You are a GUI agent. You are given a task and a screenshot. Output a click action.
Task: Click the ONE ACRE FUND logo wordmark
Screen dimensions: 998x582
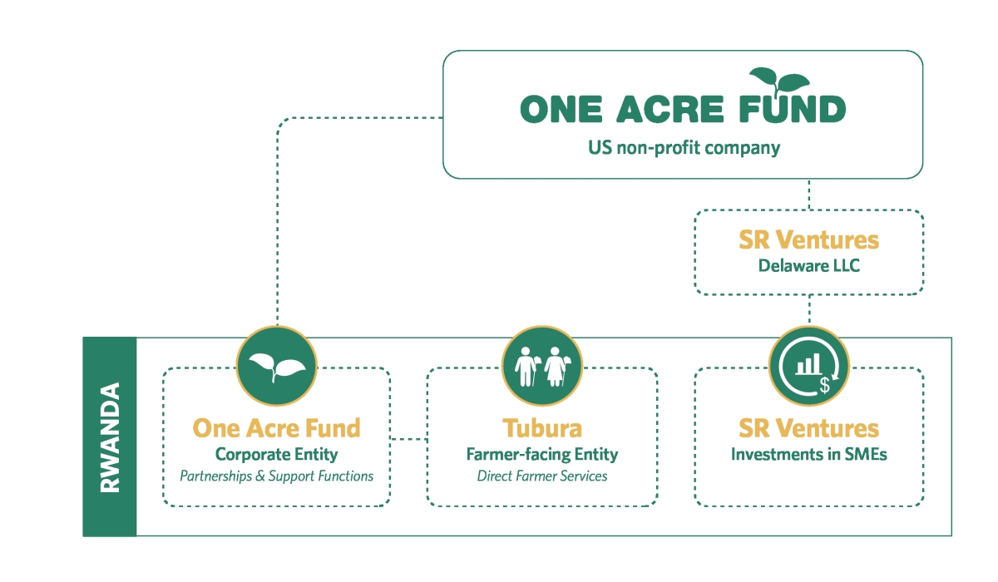point(683,109)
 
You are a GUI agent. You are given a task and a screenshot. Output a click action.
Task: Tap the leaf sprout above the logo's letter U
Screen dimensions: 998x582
point(779,81)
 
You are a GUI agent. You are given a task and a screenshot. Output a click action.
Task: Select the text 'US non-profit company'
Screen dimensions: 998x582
point(684,148)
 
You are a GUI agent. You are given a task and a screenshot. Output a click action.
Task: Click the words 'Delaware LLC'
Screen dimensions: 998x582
point(808,266)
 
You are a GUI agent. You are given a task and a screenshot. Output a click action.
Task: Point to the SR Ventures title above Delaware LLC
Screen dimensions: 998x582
point(808,239)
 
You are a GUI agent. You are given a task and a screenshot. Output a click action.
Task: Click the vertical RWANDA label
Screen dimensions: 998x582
point(110,436)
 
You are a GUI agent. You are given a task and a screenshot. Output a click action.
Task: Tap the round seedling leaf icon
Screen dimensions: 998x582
point(277,366)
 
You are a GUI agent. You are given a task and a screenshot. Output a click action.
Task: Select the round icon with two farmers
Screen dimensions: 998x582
point(542,366)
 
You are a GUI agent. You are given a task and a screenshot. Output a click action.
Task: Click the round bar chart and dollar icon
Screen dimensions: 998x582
point(809,366)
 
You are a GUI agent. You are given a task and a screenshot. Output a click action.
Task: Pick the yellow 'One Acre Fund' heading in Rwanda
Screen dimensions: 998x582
point(276,428)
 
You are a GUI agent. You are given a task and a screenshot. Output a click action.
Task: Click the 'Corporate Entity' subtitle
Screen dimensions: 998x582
point(276,454)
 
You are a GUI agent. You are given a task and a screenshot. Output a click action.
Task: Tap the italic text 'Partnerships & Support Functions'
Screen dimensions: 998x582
point(276,476)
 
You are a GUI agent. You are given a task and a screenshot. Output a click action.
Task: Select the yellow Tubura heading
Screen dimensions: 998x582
point(542,428)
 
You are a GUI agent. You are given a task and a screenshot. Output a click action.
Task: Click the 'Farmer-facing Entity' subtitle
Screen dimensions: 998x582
point(542,454)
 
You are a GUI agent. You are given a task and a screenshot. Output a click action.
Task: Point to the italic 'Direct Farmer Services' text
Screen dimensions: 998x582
point(542,476)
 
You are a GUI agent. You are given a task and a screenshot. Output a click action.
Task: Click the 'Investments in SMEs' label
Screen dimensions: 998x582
point(808,454)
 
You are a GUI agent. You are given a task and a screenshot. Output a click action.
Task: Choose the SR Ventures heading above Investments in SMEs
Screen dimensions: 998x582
point(808,428)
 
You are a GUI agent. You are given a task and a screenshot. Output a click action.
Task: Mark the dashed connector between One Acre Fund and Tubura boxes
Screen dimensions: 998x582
point(408,439)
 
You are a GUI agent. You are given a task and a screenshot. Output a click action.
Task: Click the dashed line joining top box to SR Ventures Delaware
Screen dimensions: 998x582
point(809,195)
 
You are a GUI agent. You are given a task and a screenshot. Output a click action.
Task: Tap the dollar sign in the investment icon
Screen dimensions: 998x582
point(825,385)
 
